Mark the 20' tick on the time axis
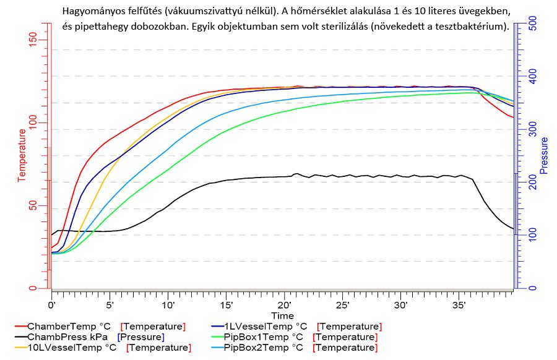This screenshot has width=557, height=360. [285, 305]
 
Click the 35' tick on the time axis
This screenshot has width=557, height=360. [460, 305]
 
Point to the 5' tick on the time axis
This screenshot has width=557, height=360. [110, 305]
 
